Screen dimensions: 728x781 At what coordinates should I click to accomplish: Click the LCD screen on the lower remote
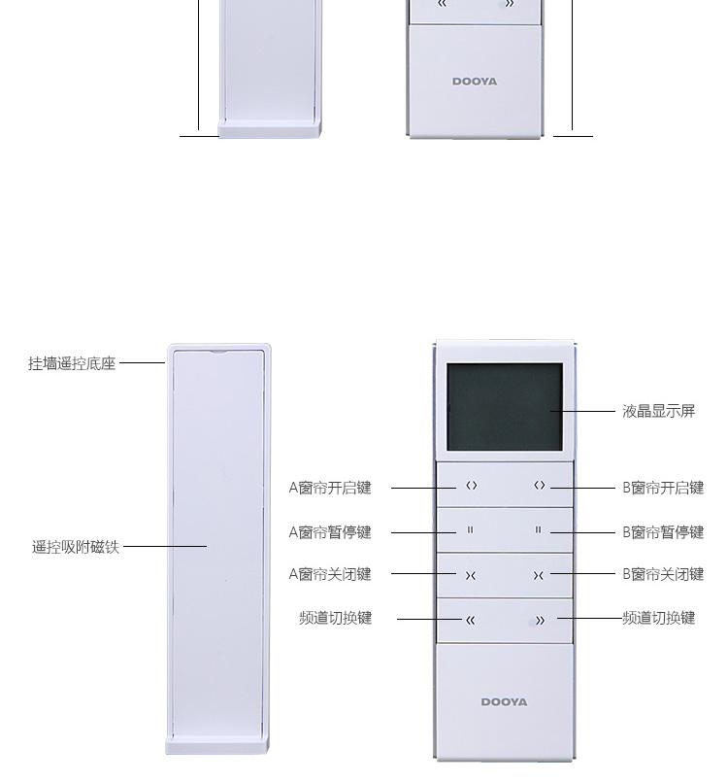point(504,408)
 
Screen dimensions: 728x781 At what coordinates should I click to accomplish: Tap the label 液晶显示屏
point(658,411)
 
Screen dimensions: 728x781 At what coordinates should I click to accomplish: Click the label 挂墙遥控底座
point(72,363)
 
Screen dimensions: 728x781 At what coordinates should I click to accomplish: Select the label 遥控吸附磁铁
point(75,547)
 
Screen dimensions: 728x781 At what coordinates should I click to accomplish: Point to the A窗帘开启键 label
point(330,488)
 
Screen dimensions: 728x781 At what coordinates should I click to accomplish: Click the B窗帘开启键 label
point(663,488)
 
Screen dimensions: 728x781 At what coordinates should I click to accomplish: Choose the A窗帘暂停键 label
point(330,532)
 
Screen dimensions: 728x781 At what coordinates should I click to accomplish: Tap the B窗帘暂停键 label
point(663,532)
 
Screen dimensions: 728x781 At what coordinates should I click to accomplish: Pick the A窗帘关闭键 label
point(330,574)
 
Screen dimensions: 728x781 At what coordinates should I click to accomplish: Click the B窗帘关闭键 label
point(663,574)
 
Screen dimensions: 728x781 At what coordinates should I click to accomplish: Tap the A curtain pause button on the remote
point(471,530)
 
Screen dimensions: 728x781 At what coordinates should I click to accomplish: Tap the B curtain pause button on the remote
point(538,530)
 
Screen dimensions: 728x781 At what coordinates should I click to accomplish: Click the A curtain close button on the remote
point(471,575)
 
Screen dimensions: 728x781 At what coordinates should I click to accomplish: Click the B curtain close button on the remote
point(538,575)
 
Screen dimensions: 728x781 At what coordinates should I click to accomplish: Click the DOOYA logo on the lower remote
point(504,701)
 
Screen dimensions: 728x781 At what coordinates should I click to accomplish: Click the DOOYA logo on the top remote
point(474,82)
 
